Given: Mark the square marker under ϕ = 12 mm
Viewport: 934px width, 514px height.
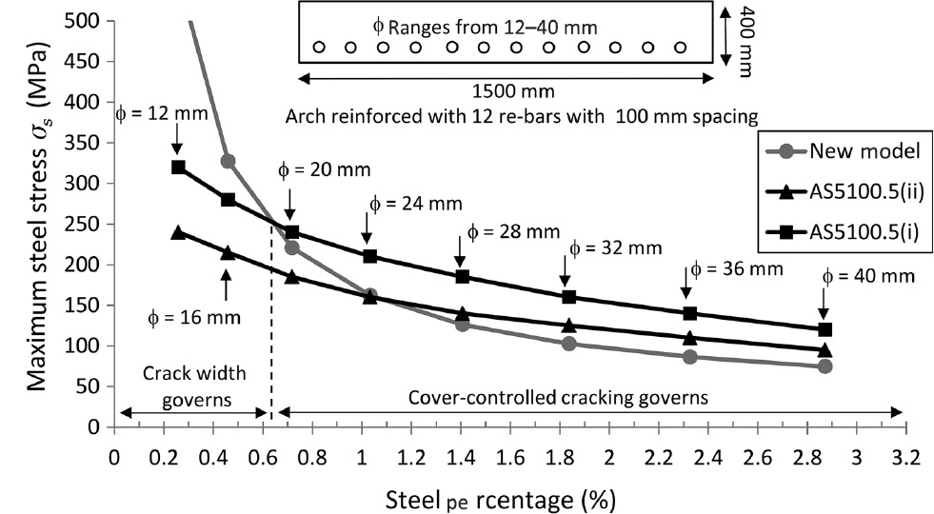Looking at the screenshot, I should (177, 168).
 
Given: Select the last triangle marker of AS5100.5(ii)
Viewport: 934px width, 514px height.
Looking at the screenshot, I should (825, 349).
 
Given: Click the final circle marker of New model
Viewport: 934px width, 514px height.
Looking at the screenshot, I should (825, 366).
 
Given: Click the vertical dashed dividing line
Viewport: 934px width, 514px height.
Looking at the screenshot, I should (272, 333).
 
